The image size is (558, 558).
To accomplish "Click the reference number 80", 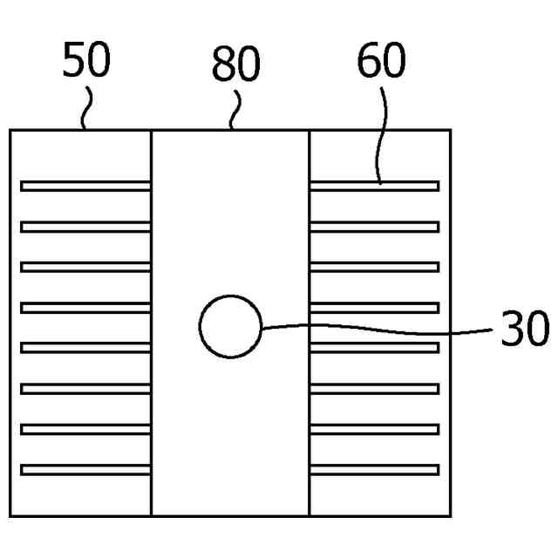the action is click(236, 65).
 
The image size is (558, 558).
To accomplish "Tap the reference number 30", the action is click(525, 330).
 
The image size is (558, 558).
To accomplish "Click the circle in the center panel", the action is click(230, 327).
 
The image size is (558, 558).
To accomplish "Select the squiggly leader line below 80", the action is click(234, 111).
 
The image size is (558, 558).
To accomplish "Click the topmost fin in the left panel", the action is click(85, 186).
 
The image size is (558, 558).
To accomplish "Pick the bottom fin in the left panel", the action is click(85, 470).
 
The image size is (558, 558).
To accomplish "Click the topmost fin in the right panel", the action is click(374, 186).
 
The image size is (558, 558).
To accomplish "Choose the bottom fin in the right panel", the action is click(374, 470).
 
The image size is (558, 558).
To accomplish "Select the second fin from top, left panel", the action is click(85, 227).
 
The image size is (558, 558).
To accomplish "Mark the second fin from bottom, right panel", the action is click(374, 429).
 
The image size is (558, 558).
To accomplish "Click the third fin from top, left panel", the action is click(85, 267).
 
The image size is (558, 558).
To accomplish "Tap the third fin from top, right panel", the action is click(374, 267).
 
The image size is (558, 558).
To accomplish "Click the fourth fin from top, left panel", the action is click(85, 307).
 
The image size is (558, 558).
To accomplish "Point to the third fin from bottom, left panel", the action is click(85, 389).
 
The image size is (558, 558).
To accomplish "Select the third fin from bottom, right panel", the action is click(374, 389).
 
